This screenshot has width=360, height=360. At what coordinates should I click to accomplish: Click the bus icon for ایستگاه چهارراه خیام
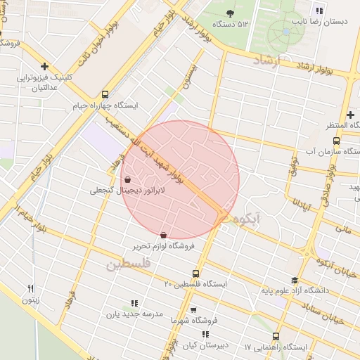(x=105, y=94)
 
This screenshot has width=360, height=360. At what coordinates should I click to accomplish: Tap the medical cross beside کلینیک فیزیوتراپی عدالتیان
(x=44, y=66)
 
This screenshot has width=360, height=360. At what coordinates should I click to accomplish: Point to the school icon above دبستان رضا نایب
(x=319, y=11)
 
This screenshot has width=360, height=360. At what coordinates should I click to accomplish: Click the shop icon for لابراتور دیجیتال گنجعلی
(x=127, y=179)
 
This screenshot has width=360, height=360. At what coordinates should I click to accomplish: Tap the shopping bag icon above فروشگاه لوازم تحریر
(x=164, y=235)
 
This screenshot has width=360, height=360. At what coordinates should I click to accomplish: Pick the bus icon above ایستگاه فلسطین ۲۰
(x=195, y=274)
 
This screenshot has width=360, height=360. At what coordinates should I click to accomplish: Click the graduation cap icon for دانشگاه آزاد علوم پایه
(x=294, y=280)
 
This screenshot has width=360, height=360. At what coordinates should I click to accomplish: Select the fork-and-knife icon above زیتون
(x=30, y=288)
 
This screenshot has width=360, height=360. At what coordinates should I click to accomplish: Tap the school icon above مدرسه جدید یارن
(x=134, y=304)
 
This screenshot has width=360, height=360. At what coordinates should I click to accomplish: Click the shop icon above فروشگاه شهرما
(x=193, y=309)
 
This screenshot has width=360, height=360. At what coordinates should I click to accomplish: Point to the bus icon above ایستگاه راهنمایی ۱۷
(x=276, y=336)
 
